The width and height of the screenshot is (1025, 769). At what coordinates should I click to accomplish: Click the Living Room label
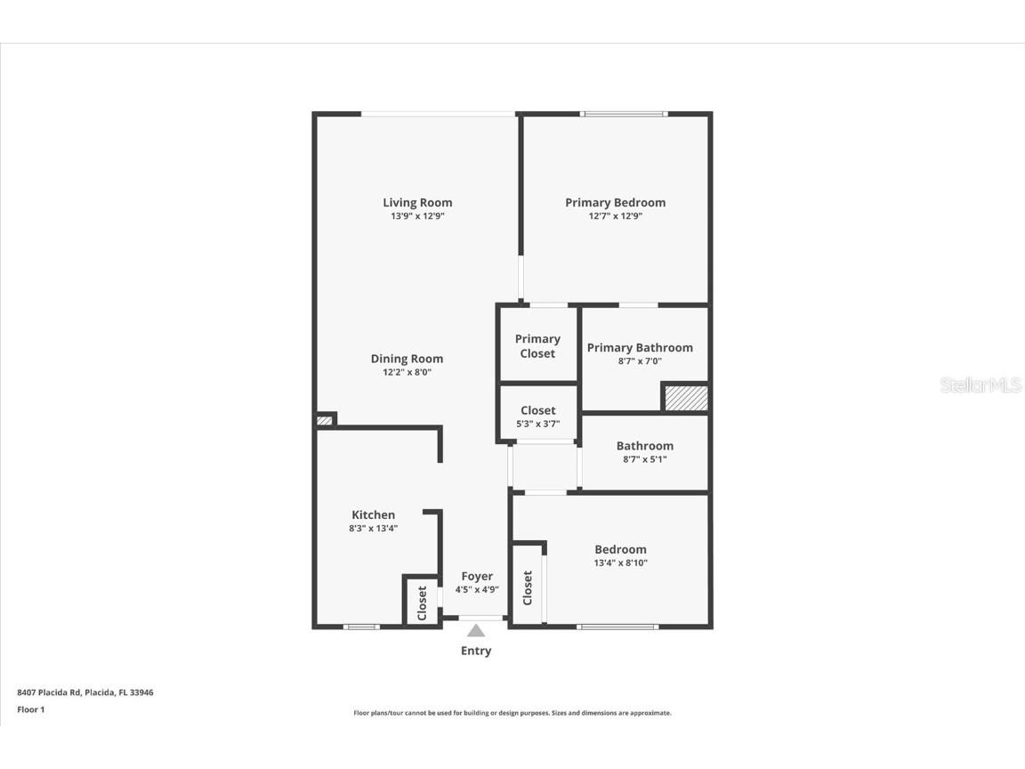(417, 202)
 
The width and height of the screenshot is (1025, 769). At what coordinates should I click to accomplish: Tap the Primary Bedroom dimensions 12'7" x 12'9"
(615, 216)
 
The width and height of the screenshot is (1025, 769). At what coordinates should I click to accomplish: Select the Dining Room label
(407, 359)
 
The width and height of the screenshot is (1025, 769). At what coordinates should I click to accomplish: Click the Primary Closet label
(537, 346)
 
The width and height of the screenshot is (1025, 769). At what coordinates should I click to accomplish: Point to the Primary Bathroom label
(640, 347)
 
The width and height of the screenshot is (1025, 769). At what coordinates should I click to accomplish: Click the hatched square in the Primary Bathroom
(687, 397)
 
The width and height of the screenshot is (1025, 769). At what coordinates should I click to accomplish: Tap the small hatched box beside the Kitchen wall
(325, 420)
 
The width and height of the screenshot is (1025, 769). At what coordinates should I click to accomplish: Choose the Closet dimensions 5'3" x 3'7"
(537, 425)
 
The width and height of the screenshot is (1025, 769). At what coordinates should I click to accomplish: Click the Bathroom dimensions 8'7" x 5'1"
(644, 460)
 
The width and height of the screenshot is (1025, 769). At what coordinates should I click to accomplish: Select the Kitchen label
(373, 514)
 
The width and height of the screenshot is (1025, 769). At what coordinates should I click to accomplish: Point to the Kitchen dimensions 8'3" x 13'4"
(373, 529)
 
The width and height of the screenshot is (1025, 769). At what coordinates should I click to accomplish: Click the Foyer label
(477, 576)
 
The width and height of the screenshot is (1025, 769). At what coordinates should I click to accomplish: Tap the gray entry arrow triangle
(477, 631)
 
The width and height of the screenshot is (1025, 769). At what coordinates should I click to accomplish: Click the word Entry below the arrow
(476, 651)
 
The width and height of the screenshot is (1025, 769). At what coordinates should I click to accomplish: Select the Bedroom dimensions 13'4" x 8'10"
(620, 563)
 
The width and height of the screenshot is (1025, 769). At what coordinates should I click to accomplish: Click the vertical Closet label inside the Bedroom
(528, 587)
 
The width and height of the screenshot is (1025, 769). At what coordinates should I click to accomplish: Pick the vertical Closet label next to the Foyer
(422, 603)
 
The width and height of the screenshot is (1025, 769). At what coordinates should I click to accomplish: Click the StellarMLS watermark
(981, 385)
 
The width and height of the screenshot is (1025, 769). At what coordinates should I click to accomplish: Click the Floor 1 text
(31, 709)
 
